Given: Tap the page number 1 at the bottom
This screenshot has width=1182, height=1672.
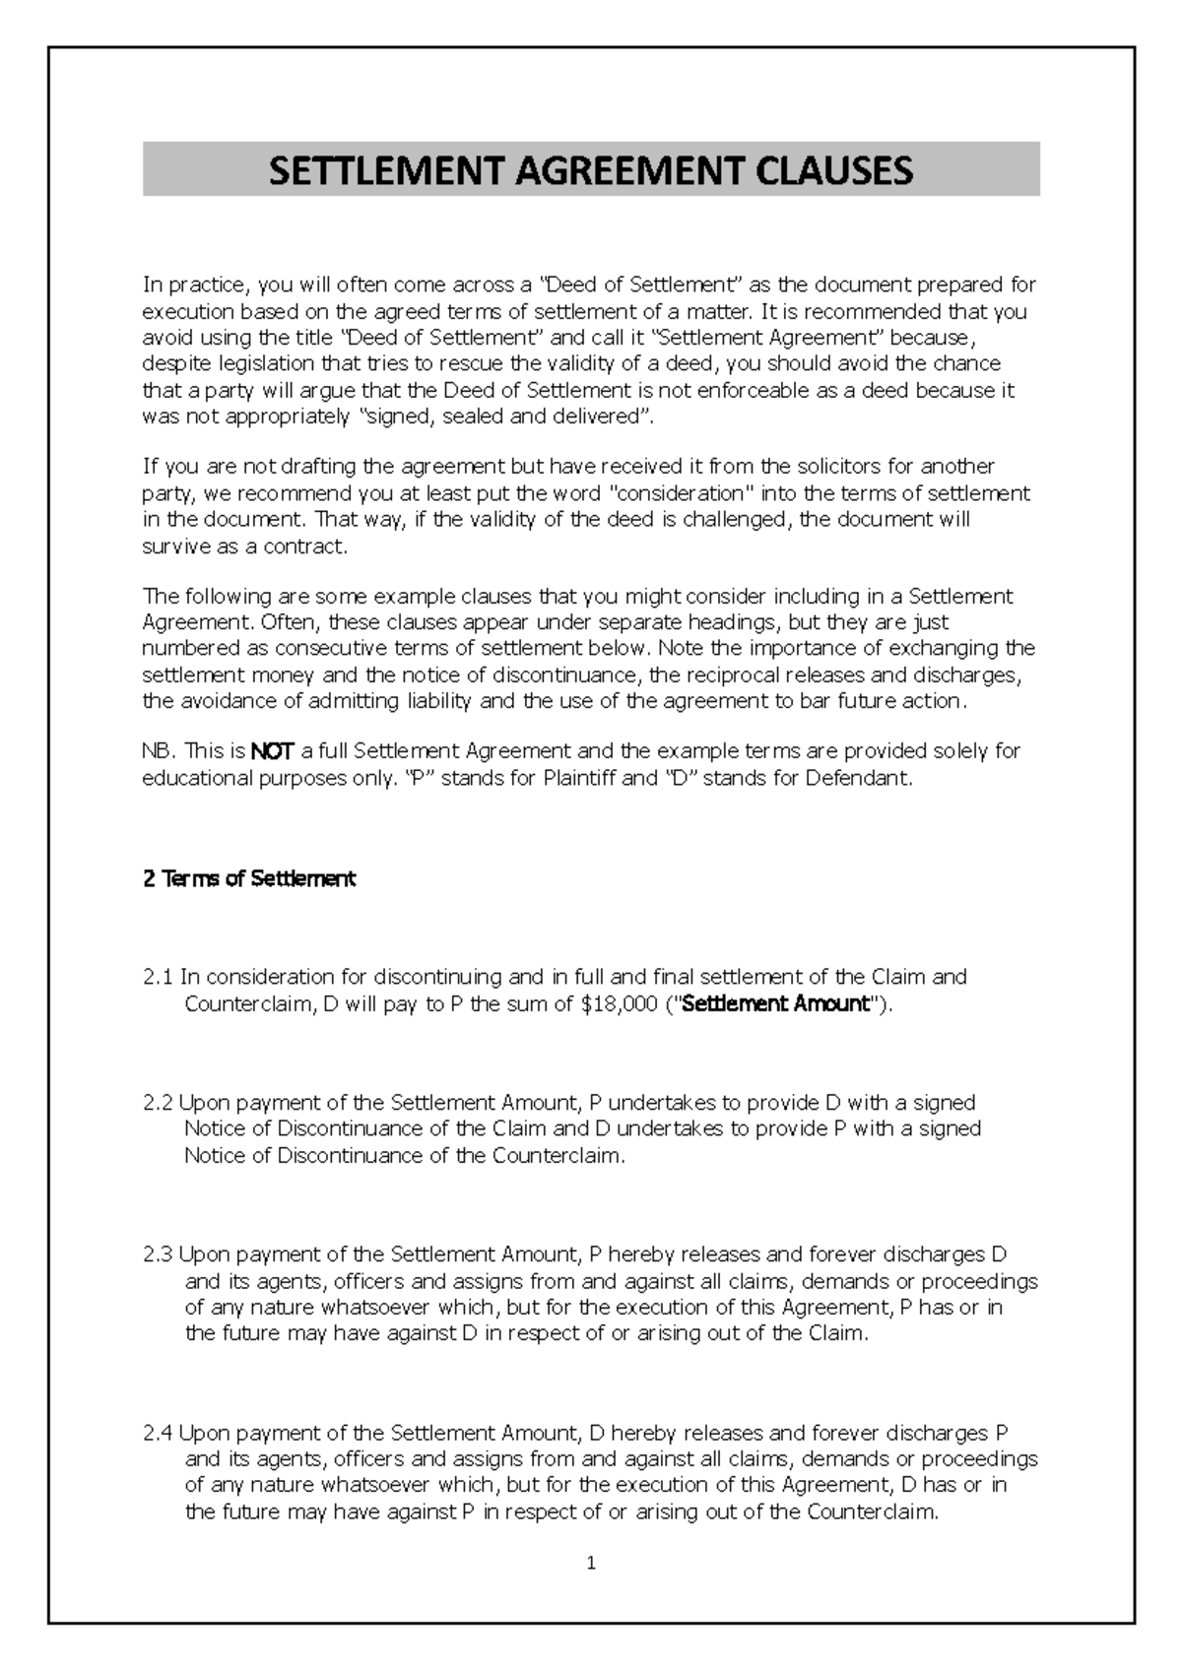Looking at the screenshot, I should [591, 1563].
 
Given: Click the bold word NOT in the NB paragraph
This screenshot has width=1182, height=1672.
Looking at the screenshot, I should [272, 752].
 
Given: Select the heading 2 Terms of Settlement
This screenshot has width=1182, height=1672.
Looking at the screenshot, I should [249, 878].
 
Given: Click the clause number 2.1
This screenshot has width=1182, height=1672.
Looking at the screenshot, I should [158, 977].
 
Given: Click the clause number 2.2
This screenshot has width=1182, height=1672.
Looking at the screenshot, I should [158, 1102].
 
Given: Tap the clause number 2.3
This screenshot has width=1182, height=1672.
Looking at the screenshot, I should [158, 1254].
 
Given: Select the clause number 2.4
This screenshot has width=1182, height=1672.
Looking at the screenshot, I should [158, 1433].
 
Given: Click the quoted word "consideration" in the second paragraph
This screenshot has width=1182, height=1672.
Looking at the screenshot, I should [680, 492].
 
